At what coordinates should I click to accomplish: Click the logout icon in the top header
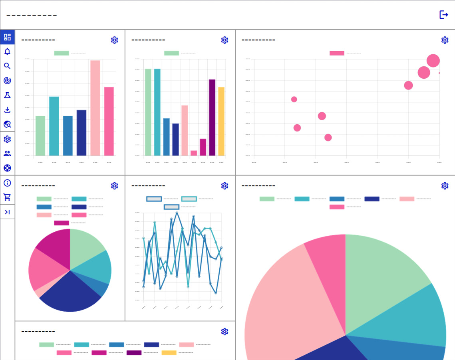443,15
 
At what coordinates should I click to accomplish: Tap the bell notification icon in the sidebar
7,52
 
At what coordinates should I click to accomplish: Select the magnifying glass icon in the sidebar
7,66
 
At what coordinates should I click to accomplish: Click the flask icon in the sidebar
7,95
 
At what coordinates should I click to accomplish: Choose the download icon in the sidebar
7,110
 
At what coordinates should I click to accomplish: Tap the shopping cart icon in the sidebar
7,197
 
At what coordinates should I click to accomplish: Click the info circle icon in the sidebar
7,183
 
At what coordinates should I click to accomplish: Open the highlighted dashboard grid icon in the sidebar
7,37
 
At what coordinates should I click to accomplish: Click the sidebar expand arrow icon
7,212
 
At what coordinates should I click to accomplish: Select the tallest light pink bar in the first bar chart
95,108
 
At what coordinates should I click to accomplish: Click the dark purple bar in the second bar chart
212,117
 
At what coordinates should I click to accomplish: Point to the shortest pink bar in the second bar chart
194,153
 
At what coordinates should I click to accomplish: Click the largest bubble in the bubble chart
433,61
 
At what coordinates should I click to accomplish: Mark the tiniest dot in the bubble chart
439,73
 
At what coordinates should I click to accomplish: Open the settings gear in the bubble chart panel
445,40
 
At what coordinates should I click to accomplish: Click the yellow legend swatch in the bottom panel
169,353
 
